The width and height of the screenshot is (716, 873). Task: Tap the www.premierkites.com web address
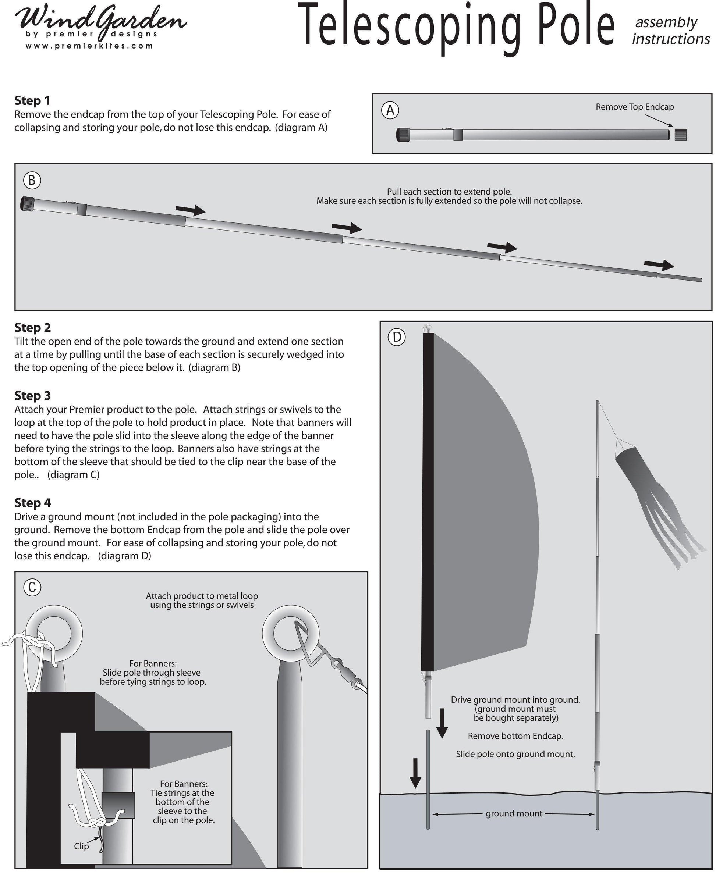(89, 46)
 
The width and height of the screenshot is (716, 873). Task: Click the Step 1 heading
(32, 100)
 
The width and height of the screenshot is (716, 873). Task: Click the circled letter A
(390, 110)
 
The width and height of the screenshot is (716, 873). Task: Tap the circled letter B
(32, 181)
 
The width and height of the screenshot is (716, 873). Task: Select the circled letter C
(32, 587)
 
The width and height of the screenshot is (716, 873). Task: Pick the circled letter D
(397, 337)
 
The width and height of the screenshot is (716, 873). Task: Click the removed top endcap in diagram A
(681, 135)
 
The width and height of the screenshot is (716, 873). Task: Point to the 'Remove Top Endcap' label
(634, 107)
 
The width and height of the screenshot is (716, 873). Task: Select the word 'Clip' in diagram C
(81, 846)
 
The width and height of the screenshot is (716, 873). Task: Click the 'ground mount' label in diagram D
(514, 813)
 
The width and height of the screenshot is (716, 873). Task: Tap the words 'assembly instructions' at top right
(670, 31)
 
